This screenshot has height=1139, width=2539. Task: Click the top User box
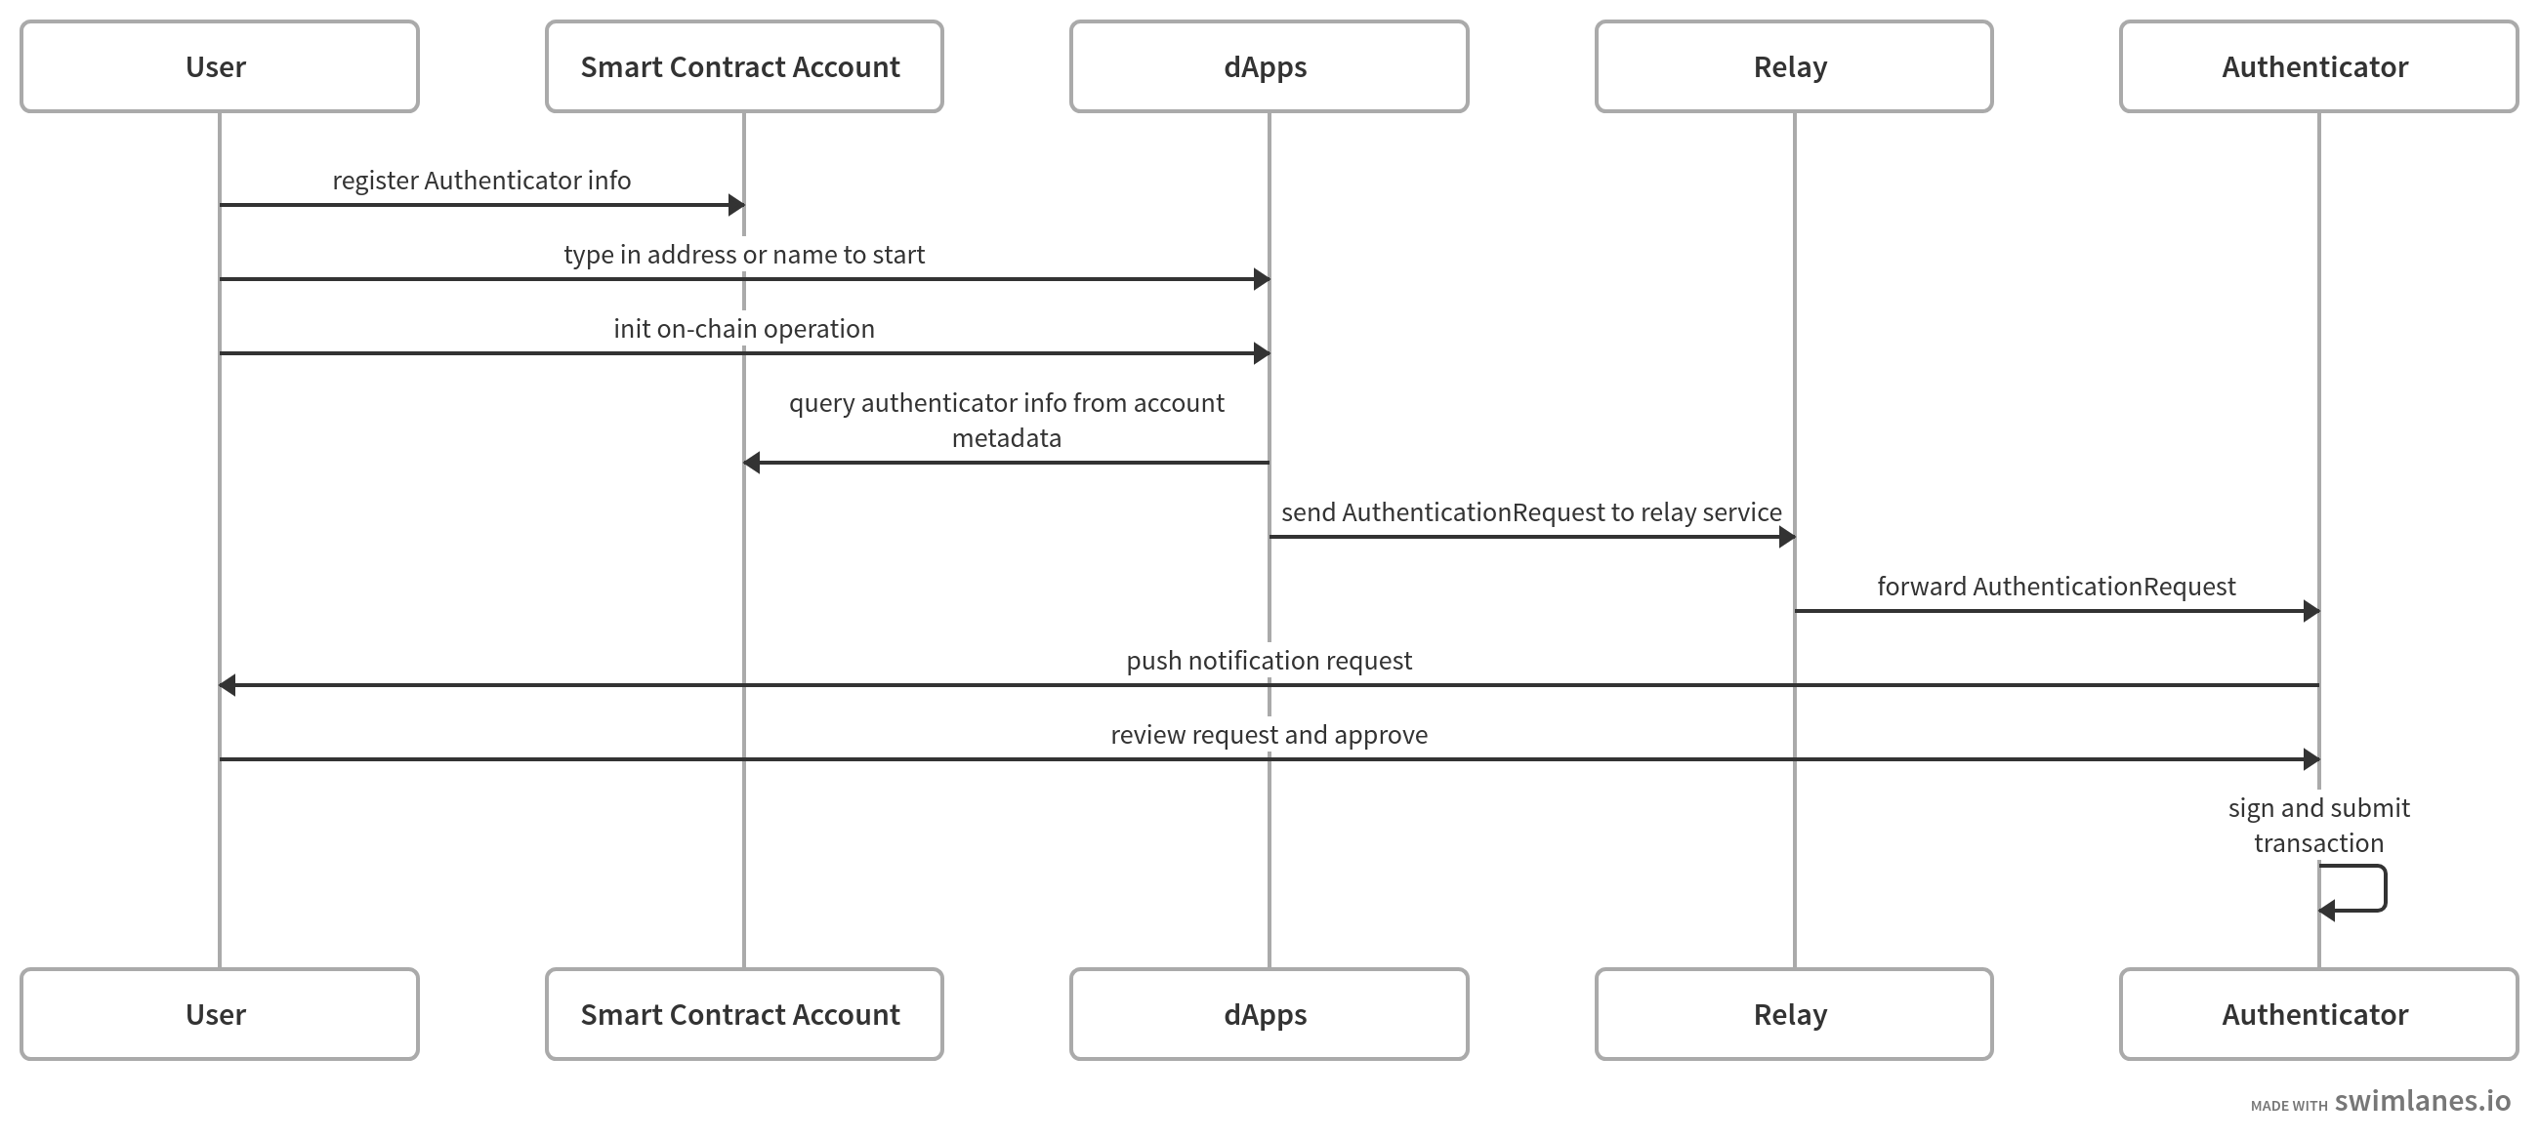(219, 67)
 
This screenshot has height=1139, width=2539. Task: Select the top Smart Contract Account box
(744, 67)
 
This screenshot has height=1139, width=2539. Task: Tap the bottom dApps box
(1269, 1014)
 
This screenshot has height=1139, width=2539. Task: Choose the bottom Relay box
(1794, 1014)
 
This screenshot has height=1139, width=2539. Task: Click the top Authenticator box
(2318, 67)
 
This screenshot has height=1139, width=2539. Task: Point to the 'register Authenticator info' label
(481, 181)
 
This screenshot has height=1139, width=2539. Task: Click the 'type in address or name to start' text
(744, 254)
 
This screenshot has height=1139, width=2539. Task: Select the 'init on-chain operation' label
(744, 328)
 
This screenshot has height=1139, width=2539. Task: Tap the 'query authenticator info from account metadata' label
(1007, 420)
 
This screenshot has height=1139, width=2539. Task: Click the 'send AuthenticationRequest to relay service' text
(1530, 512)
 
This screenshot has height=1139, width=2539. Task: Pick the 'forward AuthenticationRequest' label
(2056, 587)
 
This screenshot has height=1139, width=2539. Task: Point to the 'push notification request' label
(1269, 660)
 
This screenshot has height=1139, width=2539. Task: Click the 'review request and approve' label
(1269, 734)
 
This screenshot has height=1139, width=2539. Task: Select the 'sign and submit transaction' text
(2318, 826)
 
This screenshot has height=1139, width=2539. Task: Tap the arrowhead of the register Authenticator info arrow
(735, 205)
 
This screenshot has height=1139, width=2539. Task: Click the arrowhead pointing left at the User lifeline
(228, 685)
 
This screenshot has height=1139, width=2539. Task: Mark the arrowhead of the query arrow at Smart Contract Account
(752, 462)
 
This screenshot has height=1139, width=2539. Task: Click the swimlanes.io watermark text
(2422, 1101)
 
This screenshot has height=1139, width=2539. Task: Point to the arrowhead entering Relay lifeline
(1786, 537)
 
